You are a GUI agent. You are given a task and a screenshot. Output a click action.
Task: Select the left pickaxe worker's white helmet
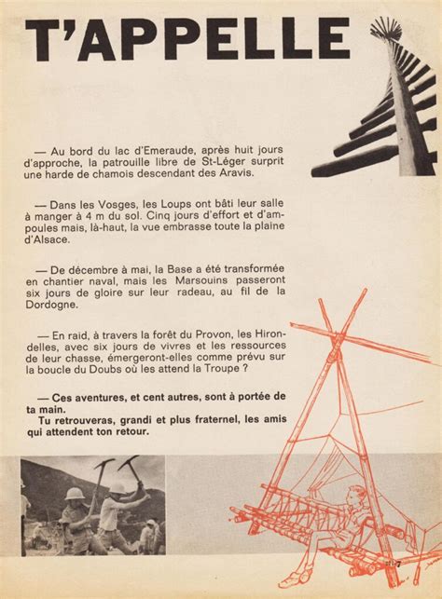(75, 494)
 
